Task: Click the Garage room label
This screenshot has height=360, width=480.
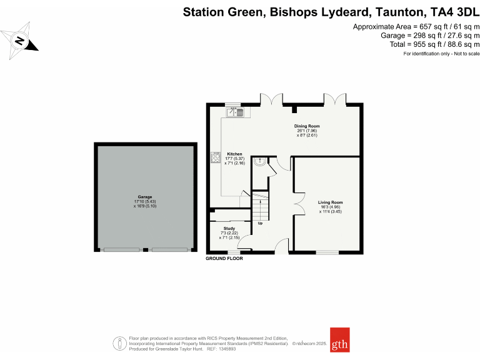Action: click(145, 197)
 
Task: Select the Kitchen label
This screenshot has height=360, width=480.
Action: click(234, 154)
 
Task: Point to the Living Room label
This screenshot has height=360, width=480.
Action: click(330, 202)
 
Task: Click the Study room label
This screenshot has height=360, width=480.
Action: click(229, 229)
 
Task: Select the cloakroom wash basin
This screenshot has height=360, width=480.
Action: click(259, 162)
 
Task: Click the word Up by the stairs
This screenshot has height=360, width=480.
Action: click(259, 222)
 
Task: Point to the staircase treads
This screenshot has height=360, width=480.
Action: click(260, 206)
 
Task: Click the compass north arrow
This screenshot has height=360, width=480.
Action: click(20, 42)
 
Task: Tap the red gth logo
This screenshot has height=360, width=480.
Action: click(339, 340)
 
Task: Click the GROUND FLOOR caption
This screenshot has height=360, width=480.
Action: click(224, 258)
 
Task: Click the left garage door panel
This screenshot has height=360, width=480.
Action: click(122, 250)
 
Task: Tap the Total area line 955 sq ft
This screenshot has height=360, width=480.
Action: click(432, 44)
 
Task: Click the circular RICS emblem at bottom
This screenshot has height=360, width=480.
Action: click(117, 343)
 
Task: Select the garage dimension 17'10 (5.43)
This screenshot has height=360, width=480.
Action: click(145, 201)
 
